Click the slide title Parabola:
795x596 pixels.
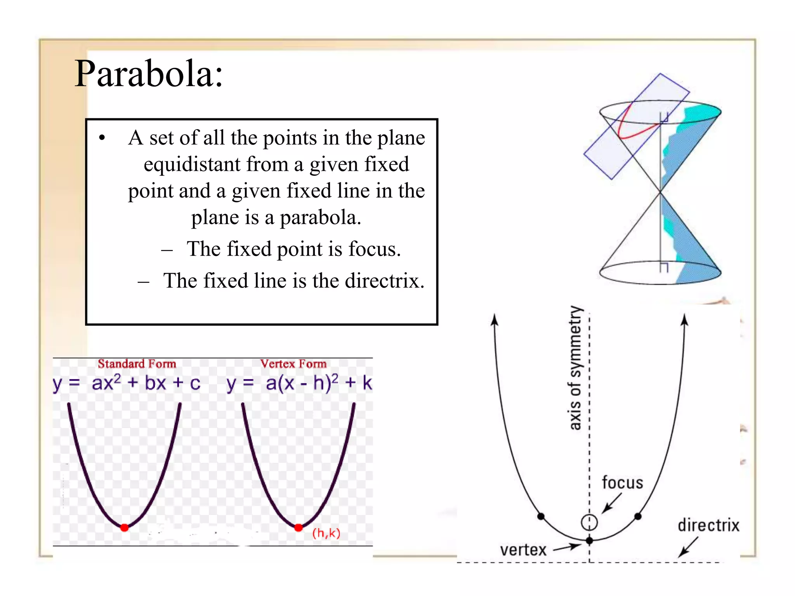click(149, 74)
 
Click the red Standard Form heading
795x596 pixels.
click(137, 364)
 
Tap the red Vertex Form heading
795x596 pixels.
click(293, 364)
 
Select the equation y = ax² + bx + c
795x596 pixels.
click(127, 383)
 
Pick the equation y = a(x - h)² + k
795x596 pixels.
click(299, 383)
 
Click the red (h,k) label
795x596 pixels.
click(326, 533)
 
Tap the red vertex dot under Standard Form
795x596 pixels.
click(124, 528)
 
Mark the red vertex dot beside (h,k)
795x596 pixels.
click(299, 528)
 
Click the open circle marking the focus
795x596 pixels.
click(589, 522)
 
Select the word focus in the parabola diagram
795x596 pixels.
click(622, 483)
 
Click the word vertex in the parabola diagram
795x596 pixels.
click(523, 550)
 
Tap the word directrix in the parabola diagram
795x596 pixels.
click(708, 525)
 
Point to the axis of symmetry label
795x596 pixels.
click(576, 368)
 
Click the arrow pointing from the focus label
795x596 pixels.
click(611, 504)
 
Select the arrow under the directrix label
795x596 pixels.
click(688, 547)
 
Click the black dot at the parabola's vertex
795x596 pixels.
click(589, 541)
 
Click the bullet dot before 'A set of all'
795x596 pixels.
click(102, 138)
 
